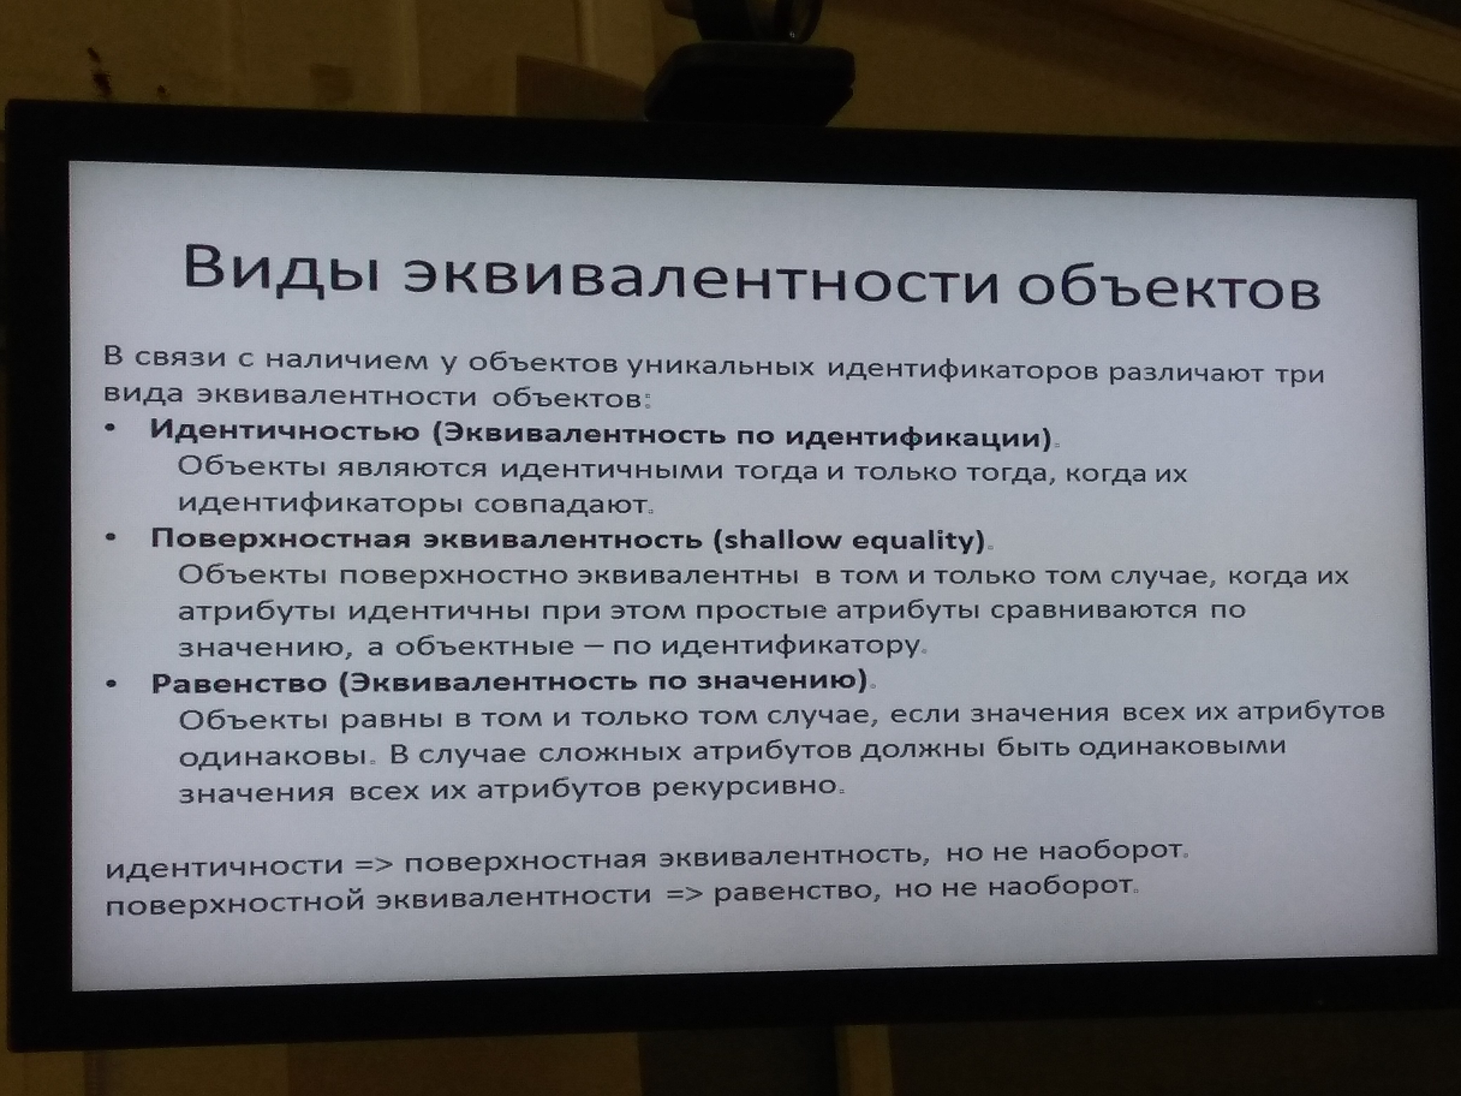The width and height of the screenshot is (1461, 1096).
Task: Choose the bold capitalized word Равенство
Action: tap(239, 684)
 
